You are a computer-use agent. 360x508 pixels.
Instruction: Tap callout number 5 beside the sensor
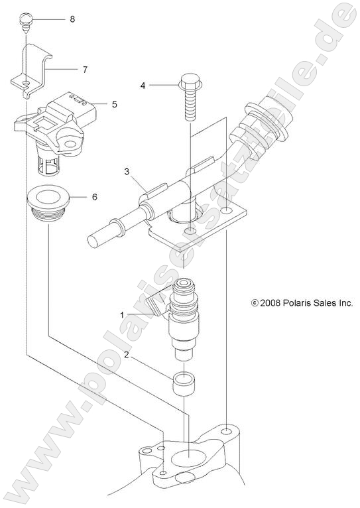pyautogui.click(x=114, y=104)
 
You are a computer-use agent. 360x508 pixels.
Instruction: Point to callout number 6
pyautogui.click(x=94, y=197)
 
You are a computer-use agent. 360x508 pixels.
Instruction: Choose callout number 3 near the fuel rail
pyautogui.click(x=126, y=172)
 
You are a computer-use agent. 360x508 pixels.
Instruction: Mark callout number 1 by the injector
pyautogui.click(x=122, y=294)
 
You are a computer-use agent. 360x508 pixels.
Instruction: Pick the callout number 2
pyautogui.click(x=126, y=355)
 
